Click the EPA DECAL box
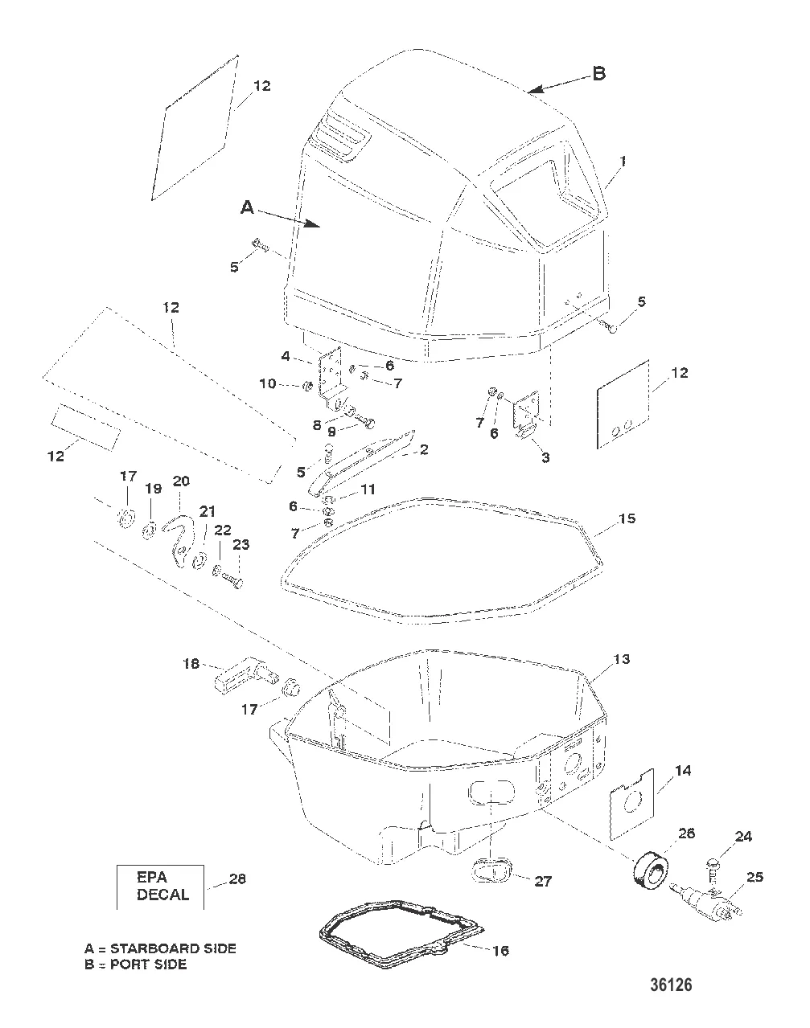pos(160,886)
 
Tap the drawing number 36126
pos(667,985)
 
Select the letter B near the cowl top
pos(598,74)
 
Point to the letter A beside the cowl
pos(248,207)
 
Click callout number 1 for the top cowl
pos(623,161)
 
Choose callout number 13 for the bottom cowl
pos(622,659)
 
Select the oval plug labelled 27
pos(489,870)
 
